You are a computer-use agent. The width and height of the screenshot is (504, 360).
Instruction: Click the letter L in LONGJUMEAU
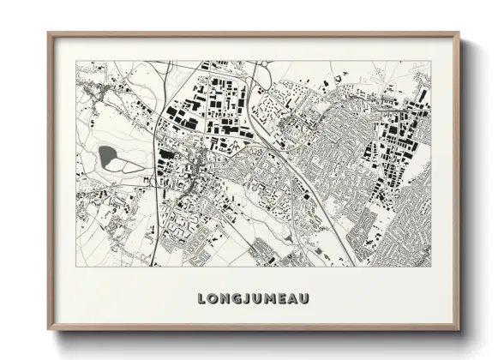[x=201, y=299]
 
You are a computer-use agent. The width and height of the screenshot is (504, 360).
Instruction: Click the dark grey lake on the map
[x=109, y=156]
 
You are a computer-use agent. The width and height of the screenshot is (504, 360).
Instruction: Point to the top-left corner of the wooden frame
[x=49, y=33]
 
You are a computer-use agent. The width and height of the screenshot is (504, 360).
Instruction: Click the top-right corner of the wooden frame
[x=459, y=33]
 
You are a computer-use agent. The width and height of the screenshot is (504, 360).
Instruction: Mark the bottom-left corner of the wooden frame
[x=49, y=331]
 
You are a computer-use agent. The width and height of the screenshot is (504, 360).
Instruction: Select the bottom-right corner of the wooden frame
[x=459, y=331]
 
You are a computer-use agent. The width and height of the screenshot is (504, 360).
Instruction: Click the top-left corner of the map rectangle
[x=76, y=61]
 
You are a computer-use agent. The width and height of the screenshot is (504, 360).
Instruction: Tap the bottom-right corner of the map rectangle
[x=431, y=267]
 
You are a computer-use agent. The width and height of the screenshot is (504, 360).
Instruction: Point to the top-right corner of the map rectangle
[x=431, y=61]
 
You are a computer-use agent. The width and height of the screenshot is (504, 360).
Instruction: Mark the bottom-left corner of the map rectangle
[x=76, y=267]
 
